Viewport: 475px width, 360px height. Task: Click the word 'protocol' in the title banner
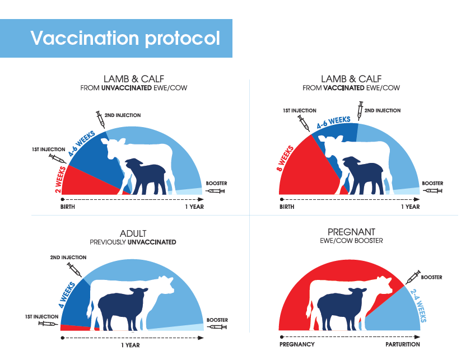click(x=183, y=39)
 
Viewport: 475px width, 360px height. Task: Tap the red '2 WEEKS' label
click(x=60, y=180)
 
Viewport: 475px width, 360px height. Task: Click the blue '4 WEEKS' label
click(x=67, y=294)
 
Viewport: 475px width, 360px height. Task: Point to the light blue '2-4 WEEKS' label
click(x=418, y=306)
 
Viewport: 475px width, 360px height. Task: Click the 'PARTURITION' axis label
click(x=403, y=344)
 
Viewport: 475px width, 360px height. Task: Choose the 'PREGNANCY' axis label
click(x=297, y=344)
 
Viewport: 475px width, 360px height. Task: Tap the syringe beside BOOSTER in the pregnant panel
click(x=413, y=277)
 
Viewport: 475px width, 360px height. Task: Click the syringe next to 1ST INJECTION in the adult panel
click(x=48, y=324)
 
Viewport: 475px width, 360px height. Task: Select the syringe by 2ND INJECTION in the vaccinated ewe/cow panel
click(x=360, y=111)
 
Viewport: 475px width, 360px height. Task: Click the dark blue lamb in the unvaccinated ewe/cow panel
click(x=146, y=176)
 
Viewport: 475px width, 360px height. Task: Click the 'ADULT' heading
click(x=133, y=233)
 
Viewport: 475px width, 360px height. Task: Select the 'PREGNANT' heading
click(x=351, y=232)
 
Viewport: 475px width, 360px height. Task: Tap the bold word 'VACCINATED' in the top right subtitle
click(x=344, y=88)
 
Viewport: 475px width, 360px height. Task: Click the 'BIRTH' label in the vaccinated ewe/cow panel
click(x=287, y=207)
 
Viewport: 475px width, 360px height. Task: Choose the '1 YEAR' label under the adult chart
click(x=131, y=345)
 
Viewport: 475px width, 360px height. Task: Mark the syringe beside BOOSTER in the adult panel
click(x=217, y=327)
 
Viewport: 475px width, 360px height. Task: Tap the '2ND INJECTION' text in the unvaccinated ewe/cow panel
click(x=123, y=115)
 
